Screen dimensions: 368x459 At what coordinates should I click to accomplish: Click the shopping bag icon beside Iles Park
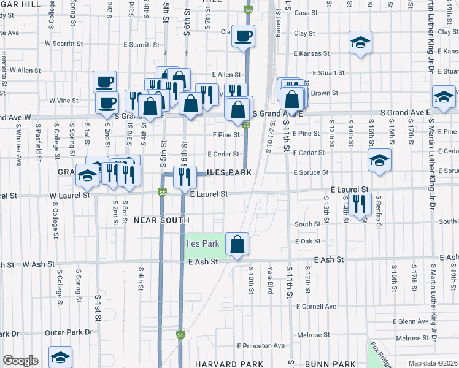tap(237, 244)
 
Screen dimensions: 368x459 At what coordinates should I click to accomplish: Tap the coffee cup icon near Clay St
tap(244, 36)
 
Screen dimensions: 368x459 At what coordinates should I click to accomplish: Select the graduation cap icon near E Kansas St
tap(360, 42)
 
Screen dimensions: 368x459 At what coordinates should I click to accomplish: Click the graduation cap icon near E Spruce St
tap(379, 160)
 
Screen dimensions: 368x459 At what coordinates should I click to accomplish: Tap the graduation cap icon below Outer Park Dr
tap(60, 357)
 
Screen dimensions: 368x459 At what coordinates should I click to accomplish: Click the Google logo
tap(20, 361)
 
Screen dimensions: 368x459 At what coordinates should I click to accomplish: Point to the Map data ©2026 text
tap(433, 363)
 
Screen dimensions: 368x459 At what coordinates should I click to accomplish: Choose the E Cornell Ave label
tap(316, 306)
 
